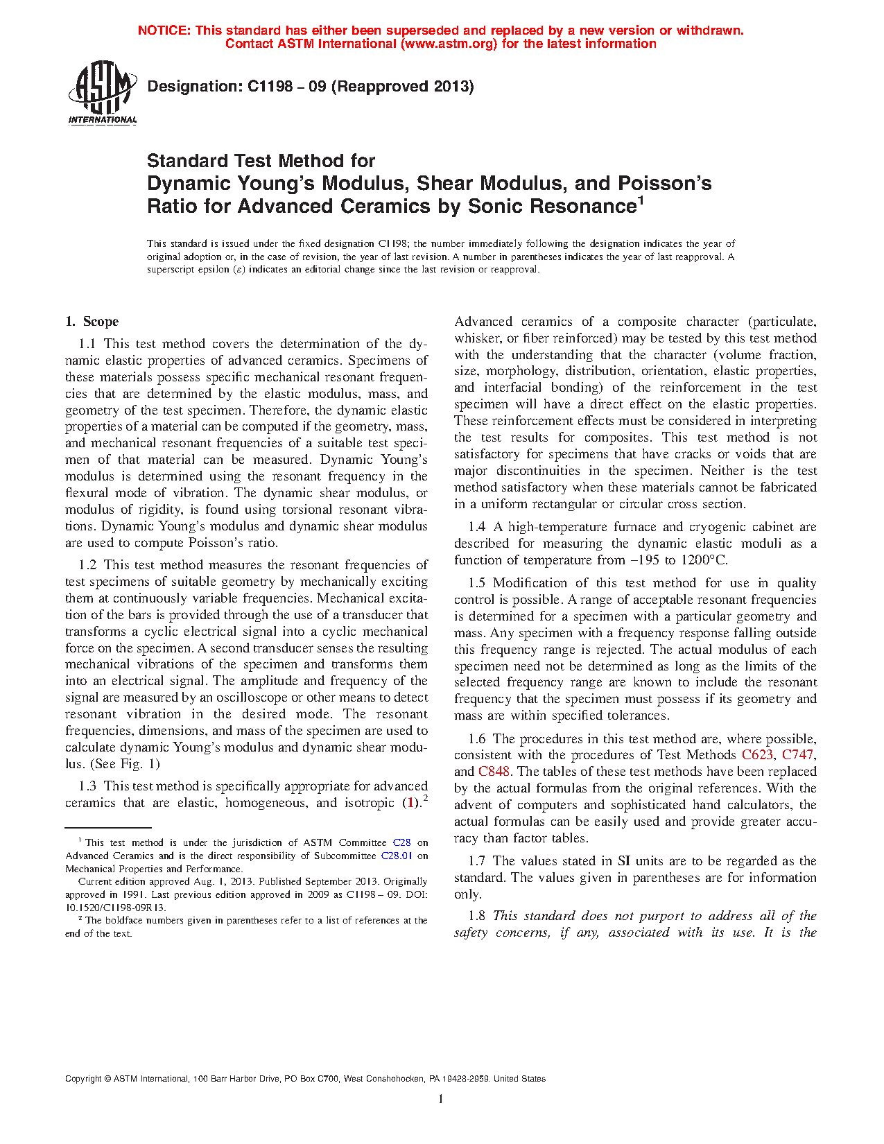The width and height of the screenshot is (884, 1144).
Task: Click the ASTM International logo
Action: (x=102, y=93)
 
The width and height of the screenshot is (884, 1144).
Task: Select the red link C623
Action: (x=757, y=755)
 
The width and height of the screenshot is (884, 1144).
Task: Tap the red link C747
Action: (x=798, y=755)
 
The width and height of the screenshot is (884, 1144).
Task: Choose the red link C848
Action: (x=494, y=772)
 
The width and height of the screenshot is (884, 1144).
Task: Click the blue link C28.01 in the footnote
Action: (x=397, y=856)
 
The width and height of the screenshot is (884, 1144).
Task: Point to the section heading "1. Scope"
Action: (x=92, y=322)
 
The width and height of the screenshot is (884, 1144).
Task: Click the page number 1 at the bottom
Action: (x=441, y=1099)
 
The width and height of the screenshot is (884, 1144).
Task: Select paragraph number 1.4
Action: (x=477, y=527)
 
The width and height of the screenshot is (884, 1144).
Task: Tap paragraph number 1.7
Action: (x=477, y=861)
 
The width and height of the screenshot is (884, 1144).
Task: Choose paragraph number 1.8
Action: (x=477, y=916)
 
